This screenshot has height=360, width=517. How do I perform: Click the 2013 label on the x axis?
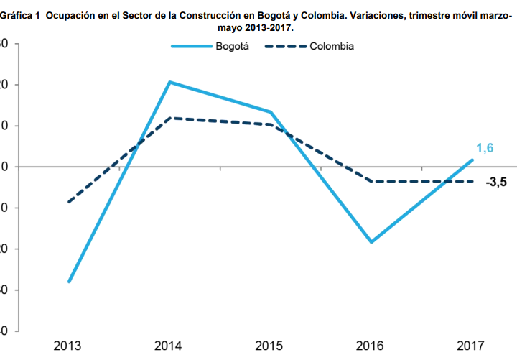(68, 346)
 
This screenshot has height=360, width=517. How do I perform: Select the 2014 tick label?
(169, 346)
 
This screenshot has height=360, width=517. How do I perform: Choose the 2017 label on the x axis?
(471, 346)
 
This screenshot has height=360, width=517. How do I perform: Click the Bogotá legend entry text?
(233, 46)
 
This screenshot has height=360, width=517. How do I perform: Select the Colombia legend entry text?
(332, 46)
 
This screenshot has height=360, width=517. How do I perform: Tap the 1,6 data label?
(485, 148)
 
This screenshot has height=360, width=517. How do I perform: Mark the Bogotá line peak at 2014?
(169, 82)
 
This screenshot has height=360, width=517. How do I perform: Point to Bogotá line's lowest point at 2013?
(69, 281)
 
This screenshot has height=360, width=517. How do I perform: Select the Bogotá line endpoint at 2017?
(472, 160)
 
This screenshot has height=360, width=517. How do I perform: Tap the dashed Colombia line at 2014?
(169, 118)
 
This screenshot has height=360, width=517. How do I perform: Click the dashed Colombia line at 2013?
(69, 202)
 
